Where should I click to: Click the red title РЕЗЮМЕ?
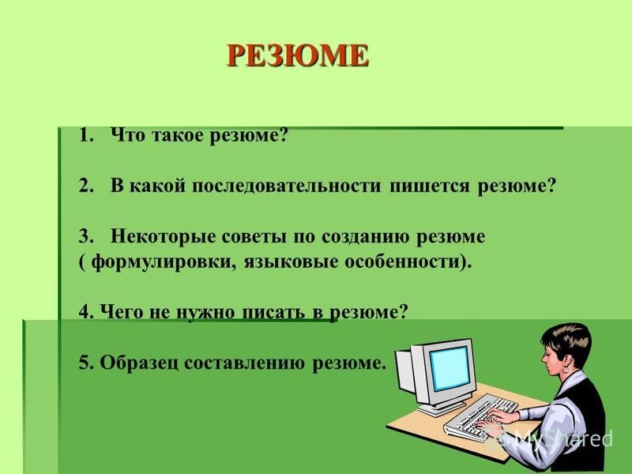coord(298,55)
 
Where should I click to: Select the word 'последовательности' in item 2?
coord(286,186)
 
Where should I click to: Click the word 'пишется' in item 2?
coord(430,187)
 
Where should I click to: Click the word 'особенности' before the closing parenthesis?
coord(402,262)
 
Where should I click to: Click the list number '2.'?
coord(87,186)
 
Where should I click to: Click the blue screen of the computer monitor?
coord(450,368)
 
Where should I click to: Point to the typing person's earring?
coord(566,369)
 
